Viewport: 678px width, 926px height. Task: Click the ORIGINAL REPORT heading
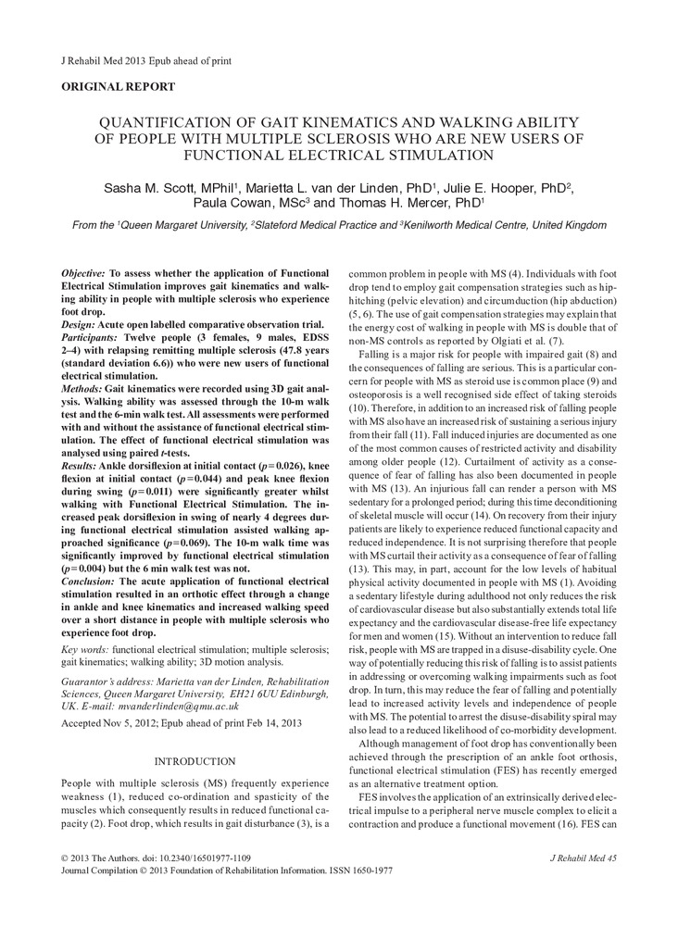coord(118,87)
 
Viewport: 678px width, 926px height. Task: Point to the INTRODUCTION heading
coord(195,761)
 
